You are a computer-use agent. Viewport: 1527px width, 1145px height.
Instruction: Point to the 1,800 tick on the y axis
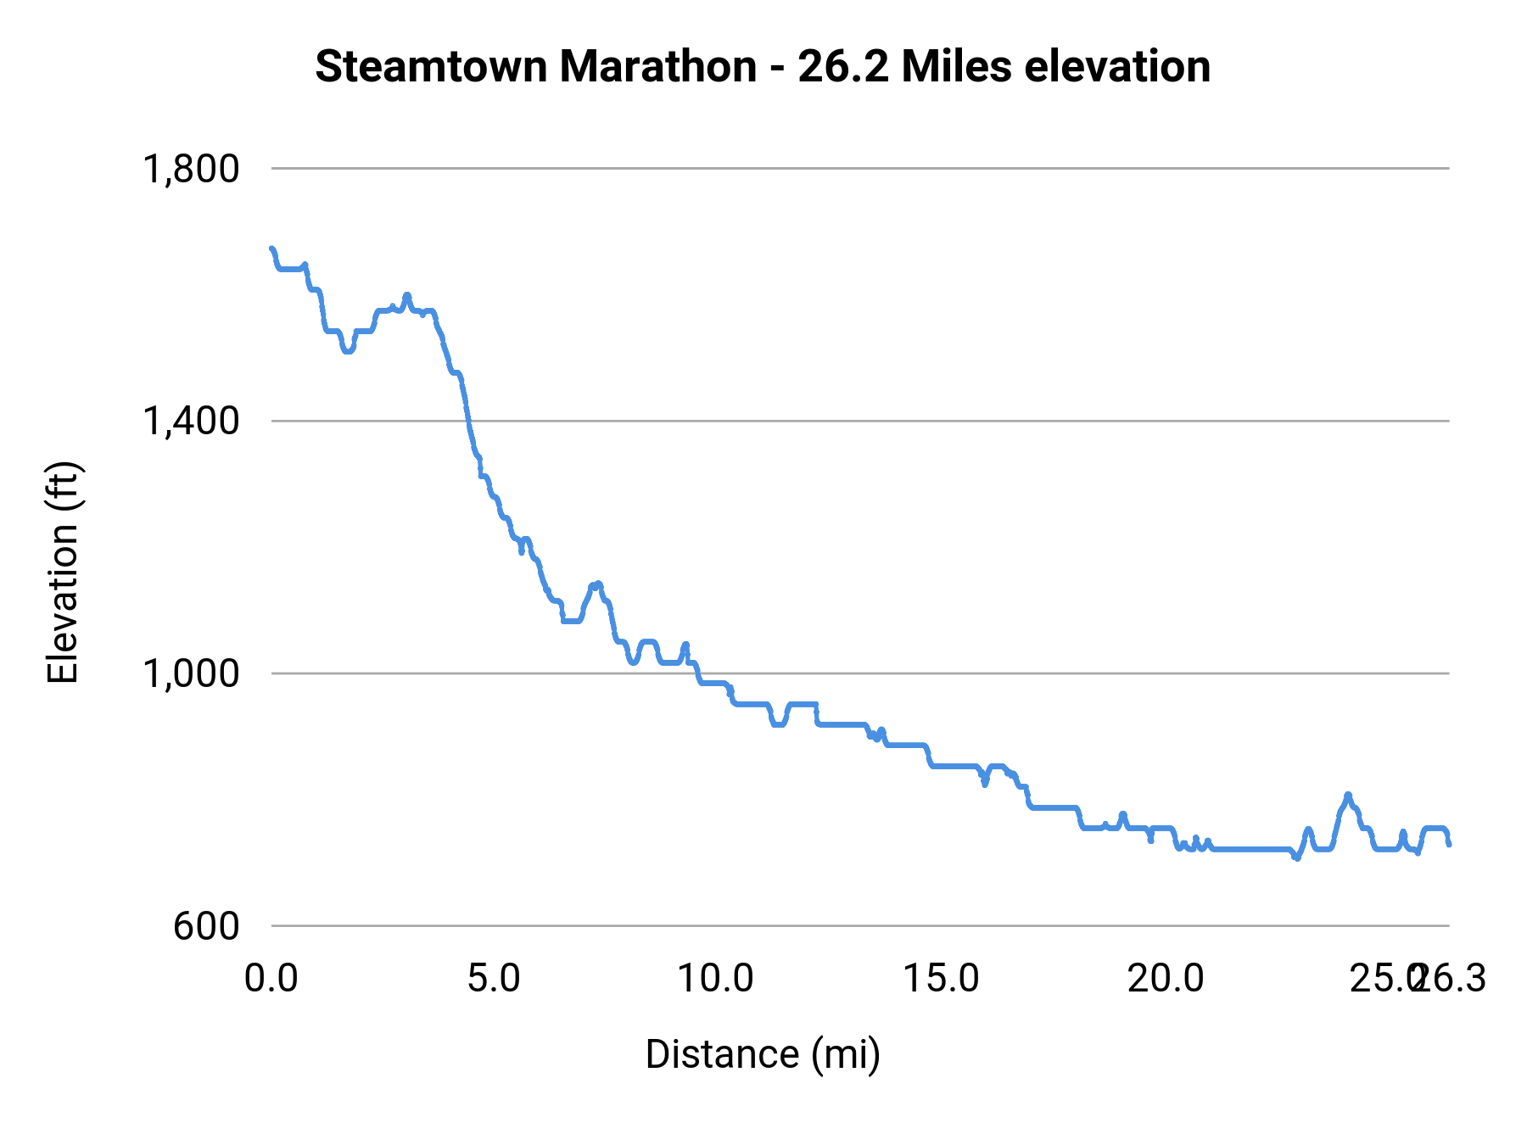(191, 169)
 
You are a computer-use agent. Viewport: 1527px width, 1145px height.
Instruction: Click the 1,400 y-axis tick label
(191, 421)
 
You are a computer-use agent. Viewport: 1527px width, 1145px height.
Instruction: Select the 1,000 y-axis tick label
(191, 673)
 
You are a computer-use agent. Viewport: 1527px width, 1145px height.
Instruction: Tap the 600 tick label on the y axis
(206, 926)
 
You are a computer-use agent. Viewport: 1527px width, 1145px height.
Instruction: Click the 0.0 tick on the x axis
(271, 979)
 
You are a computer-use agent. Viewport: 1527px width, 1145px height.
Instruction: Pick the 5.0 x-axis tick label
(495, 979)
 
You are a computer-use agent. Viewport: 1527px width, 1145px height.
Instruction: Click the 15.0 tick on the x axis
(941, 979)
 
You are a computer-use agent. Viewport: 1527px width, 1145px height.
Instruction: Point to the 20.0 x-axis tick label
(1166, 979)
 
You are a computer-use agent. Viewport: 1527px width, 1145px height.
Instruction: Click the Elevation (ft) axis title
(63, 572)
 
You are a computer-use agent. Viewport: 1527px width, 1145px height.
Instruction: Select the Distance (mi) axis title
(763, 1054)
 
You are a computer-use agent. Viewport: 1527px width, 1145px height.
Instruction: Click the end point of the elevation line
(1449, 844)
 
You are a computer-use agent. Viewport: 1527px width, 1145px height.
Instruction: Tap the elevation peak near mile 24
(1348, 795)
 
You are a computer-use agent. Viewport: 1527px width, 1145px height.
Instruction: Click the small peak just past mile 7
(598, 584)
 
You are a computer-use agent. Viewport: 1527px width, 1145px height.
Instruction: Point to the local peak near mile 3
(407, 295)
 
